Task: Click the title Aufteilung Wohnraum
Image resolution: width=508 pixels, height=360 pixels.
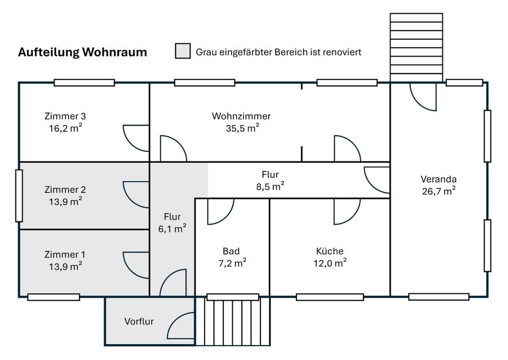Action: click(83, 52)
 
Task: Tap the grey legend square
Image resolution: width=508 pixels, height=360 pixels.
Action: click(183, 51)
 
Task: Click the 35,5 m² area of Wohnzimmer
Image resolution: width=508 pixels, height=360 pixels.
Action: click(242, 128)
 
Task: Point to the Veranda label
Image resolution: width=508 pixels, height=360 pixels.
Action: click(438, 179)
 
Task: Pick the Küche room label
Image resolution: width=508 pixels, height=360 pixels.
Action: click(330, 251)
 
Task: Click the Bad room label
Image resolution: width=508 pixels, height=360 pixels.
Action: click(231, 251)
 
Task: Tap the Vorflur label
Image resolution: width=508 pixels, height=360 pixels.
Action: click(139, 321)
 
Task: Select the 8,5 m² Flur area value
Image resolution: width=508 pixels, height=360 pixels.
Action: click(270, 186)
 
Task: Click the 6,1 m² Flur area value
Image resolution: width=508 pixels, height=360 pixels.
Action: click(173, 228)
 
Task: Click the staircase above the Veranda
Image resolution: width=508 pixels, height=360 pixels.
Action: click(416, 47)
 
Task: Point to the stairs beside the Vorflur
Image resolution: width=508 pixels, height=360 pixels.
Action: click(233, 322)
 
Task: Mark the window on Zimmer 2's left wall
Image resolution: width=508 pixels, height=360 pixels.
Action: click(19, 195)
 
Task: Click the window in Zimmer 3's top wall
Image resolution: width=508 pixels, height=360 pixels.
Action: click(84, 83)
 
